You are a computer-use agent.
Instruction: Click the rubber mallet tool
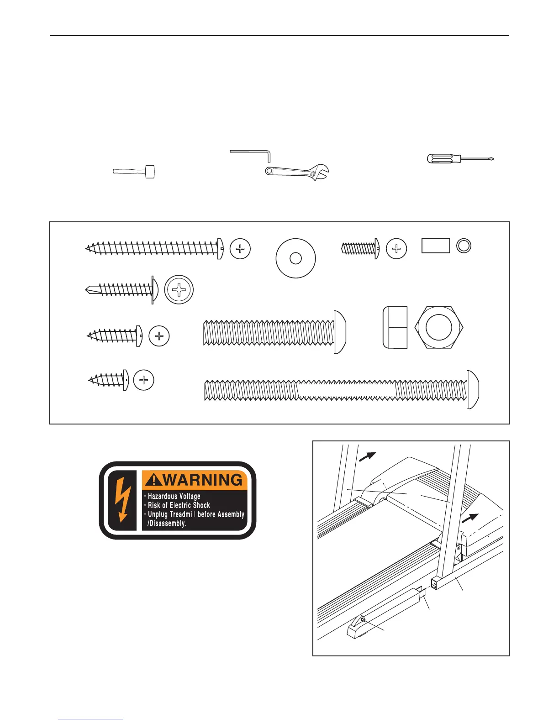pyautogui.click(x=134, y=172)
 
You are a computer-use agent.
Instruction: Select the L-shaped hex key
pyautogui.click(x=251, y=152)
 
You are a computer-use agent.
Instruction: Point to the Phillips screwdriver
pyautogui.click(x=459, y=159)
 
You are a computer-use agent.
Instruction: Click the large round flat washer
pyautogui.click(x=295, y=258)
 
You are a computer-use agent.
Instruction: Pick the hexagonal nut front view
pyautogui.click(x=438, y=327)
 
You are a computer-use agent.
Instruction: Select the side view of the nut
pyautogui.click(x=395, y=327)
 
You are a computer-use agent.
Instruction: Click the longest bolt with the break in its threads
pyautogui.click(x=342, y=390)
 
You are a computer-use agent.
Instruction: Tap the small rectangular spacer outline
pyautogui.click(x=435, y=246)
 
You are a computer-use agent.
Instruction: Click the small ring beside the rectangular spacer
pyautogui.click(x=464, y=246)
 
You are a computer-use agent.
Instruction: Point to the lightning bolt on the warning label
pyautogui.click(x=122, y=500)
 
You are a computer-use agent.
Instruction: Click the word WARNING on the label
pyautogui.click(x=203, y=480)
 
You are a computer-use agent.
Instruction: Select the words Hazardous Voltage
pyautogui.click(x=174, y=496)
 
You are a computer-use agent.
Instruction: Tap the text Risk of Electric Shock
pyautogui.click(x=179, y=505)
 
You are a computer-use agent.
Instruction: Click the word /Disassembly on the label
pyautogui.click(x=167, y=524)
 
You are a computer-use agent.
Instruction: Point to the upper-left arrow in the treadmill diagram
pyautogui.click(x=367, y=456)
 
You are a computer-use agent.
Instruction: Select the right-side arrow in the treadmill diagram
pyautogui.click(x=470, y=519)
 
